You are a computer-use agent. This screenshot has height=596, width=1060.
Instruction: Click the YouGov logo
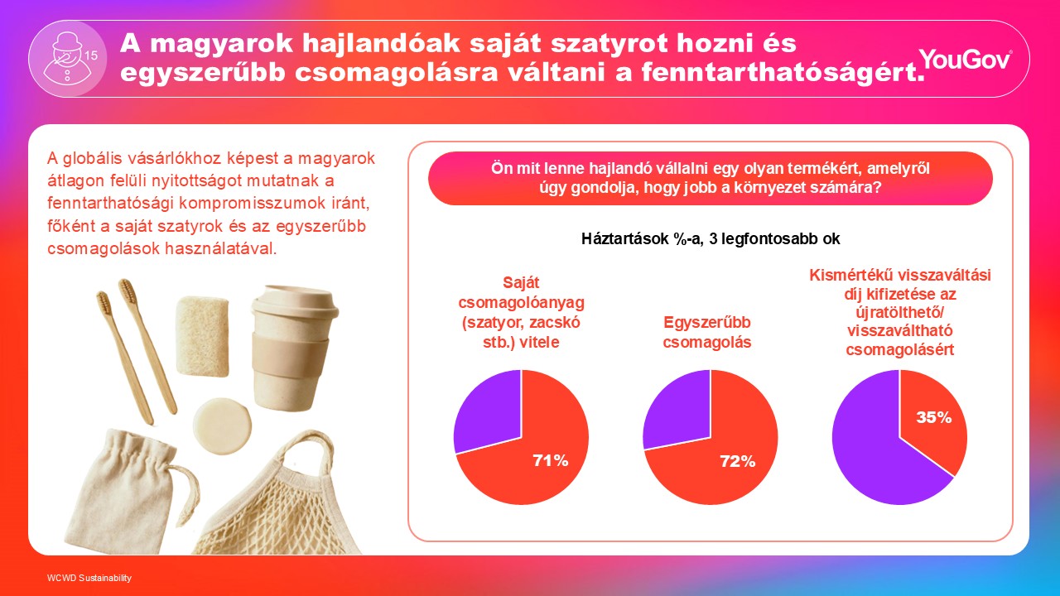[x=965, y=59]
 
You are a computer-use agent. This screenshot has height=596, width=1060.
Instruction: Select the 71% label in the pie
[x=551, y=460]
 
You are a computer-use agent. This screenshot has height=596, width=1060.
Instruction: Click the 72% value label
[x=737, y=461]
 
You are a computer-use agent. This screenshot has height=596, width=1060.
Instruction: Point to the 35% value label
[x=933, y=417]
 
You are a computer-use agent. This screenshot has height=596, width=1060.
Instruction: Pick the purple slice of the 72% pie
[x=679, y=411]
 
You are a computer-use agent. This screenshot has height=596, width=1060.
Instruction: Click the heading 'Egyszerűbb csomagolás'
[x=707, y=332]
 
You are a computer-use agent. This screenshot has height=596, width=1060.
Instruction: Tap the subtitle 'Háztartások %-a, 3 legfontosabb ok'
[x=711, y=239]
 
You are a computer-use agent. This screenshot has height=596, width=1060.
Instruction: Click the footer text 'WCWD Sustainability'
[x=89, y=578]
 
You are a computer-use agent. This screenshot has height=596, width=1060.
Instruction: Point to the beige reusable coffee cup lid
[x=296, y=303]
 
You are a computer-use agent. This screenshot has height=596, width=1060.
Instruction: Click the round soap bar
[x=222, y=426]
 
